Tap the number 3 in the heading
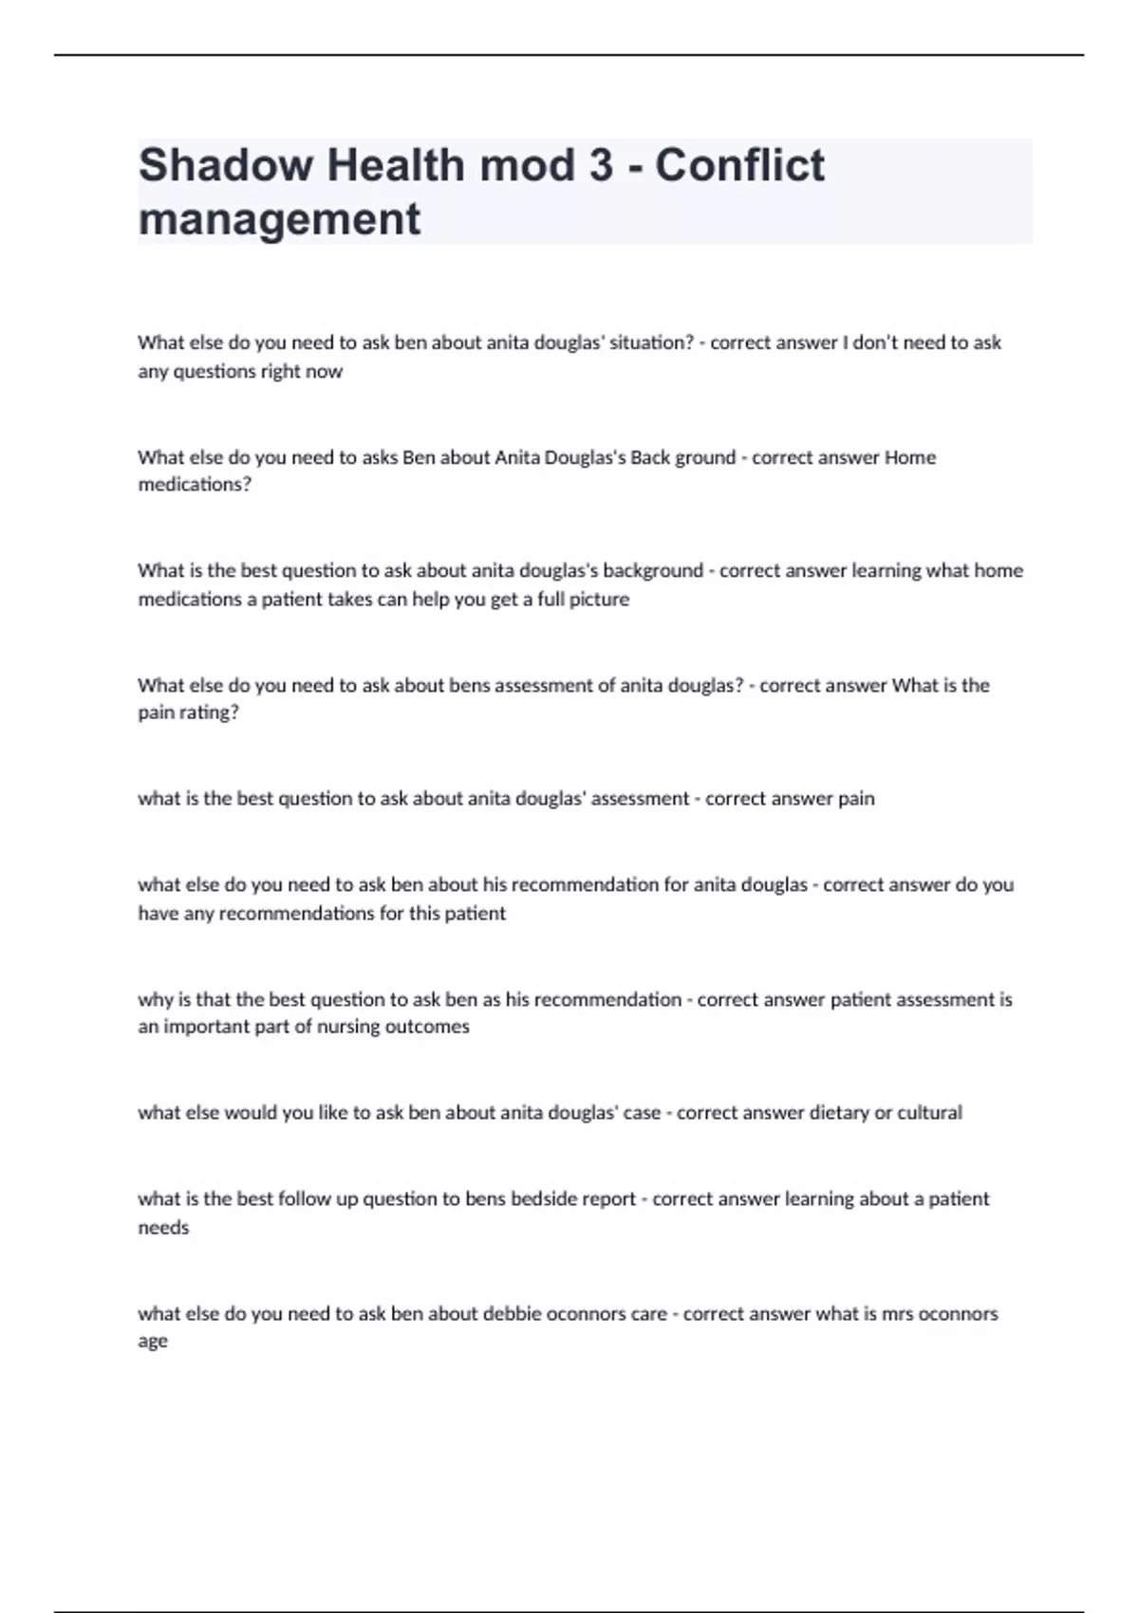[601, 165]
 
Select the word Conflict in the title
[739, 165]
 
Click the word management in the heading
[279, 219]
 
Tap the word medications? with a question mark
[195, 485]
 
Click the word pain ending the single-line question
[856, 799]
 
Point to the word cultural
[930, 1113]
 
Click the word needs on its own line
[163, 1228]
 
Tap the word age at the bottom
[153, 1343]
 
